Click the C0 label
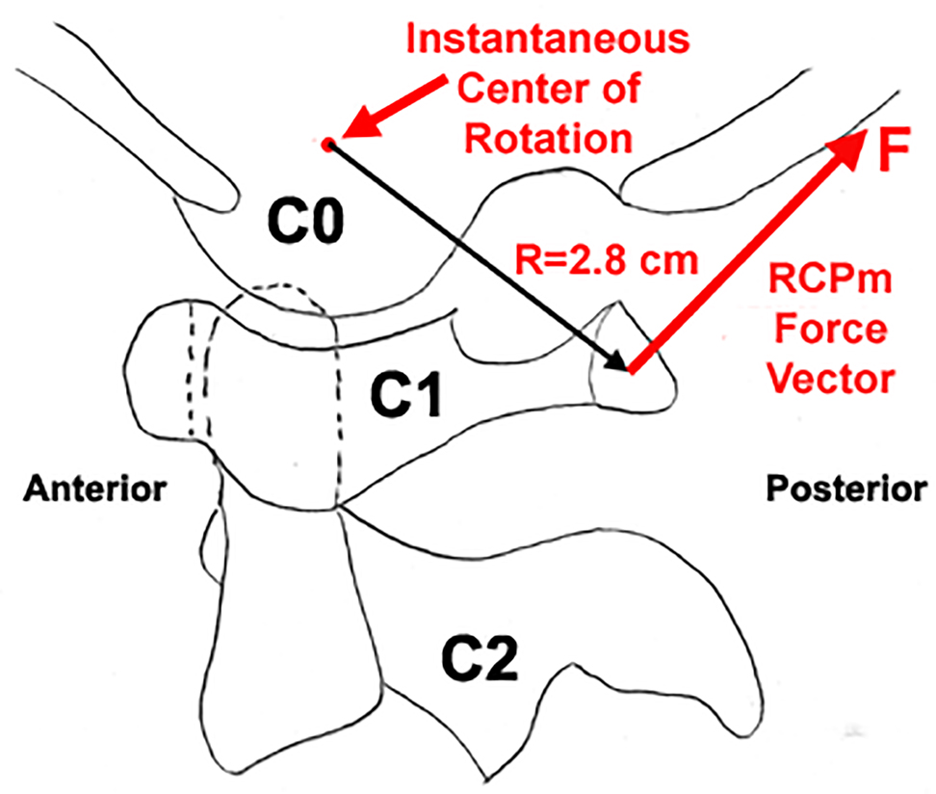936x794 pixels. point(305,221)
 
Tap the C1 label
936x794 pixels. point(406,394)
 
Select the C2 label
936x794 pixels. point(480,659)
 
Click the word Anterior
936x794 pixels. point(95,489)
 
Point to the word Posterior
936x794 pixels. point(847,489)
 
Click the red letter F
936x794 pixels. point(894,148)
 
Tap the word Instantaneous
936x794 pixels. point(547,39)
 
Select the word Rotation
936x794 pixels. point(548,139)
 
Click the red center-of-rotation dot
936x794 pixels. point(327,144)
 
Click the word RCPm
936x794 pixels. point(830,279)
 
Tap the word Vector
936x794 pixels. point(831,380)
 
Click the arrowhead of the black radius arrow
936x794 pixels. point(617,362)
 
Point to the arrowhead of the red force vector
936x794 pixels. point(848,146)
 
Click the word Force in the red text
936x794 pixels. point(830,330)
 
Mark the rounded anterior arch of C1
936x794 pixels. point(156,370)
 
